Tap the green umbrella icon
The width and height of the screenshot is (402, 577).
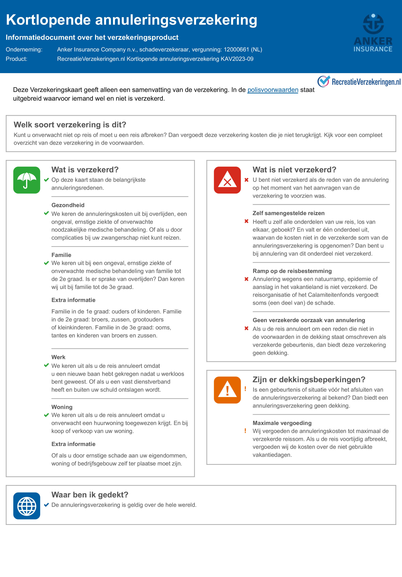[27, 180]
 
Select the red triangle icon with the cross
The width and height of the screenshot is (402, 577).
[227, 180]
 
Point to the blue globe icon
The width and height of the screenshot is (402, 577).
[27, 506]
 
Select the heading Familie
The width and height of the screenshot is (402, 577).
[61, 255]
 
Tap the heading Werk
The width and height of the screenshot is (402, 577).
[58, 357]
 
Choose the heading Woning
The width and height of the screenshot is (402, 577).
[62, 407]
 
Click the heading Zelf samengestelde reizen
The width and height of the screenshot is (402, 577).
[288, 213]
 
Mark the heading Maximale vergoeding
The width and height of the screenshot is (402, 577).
[282, 423]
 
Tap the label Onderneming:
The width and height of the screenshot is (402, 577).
[24, 50]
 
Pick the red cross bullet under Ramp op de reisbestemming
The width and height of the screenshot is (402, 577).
[246, 279]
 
